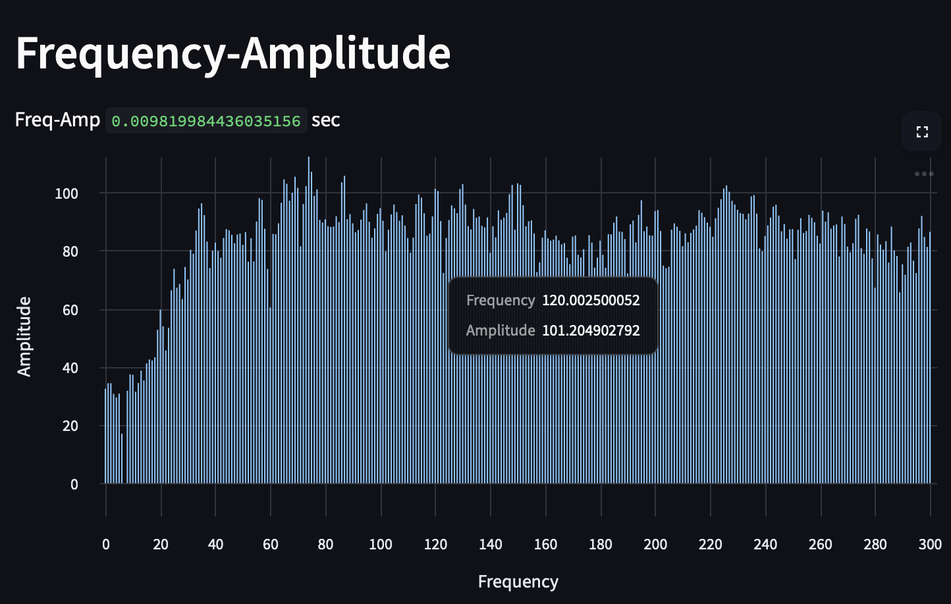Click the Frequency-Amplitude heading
point(232,54)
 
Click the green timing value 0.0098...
point(206,121)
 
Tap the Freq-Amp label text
point(57,120)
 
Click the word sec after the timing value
point(325,120)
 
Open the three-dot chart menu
point(923,174)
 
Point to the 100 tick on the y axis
point(67,193)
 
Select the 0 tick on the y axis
point(74,484)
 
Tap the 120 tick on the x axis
point(435,545)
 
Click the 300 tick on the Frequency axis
point(930,545)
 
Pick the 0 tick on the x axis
point(105,545)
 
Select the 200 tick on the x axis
point(655,545)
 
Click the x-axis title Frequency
point(518,582)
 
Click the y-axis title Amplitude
point(24,337)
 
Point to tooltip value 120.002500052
point(591,301)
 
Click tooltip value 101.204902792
point(591,330)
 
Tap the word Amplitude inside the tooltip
point(500,330)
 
